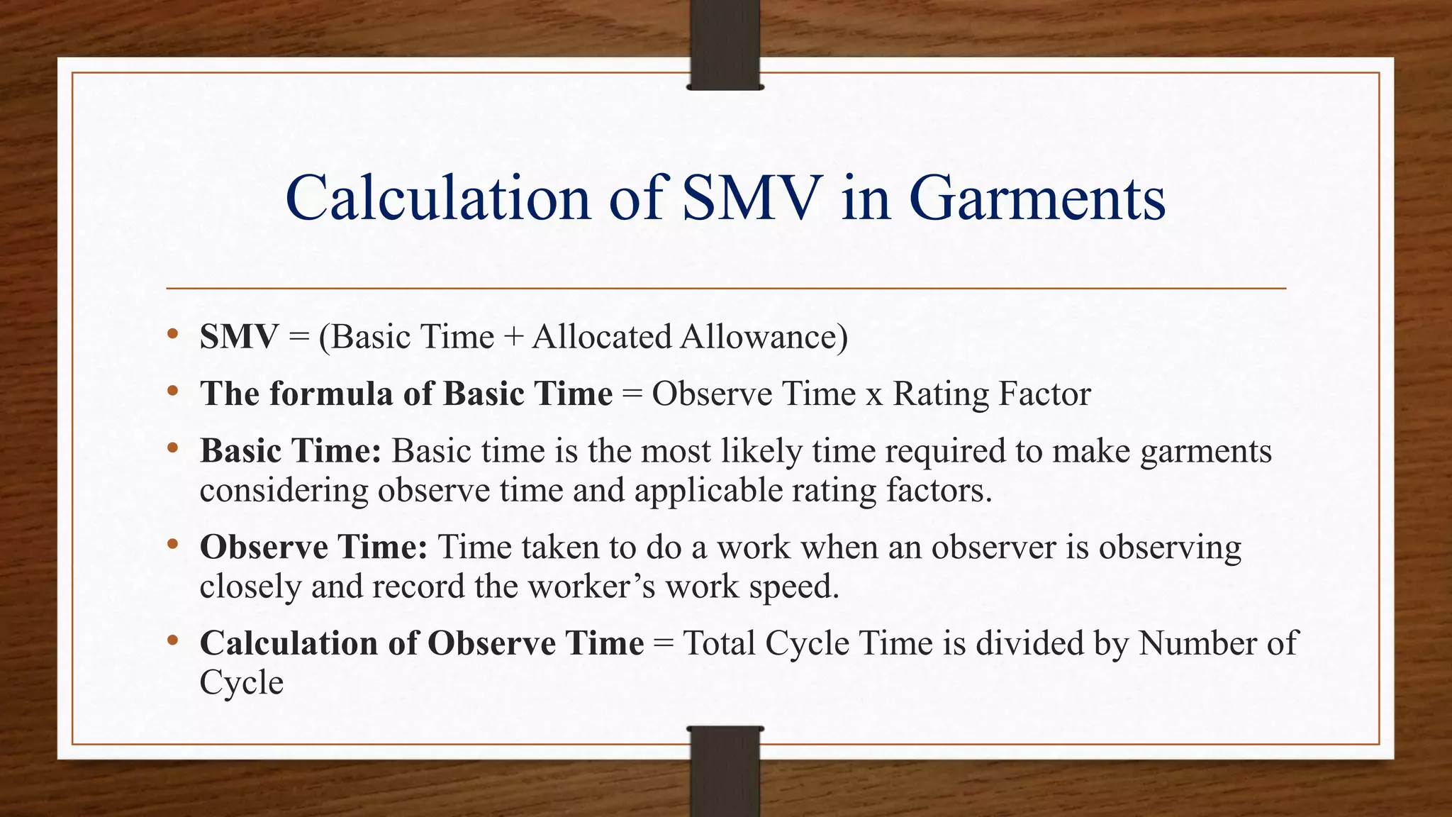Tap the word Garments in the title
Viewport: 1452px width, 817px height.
tap(1037, 200)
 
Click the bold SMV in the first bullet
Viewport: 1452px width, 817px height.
tap(239, 337)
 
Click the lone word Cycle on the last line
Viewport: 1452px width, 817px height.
tap(242, 683)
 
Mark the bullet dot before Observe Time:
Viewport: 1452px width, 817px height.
tap(172, 545)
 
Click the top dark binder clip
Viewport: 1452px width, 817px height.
tap(725, 45)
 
